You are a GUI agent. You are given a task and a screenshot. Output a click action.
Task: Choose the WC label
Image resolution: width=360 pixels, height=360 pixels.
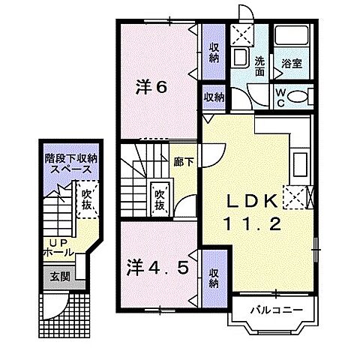pos(279,97)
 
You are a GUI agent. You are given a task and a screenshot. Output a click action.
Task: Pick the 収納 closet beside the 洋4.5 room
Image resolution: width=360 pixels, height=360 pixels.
pos(214,277)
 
